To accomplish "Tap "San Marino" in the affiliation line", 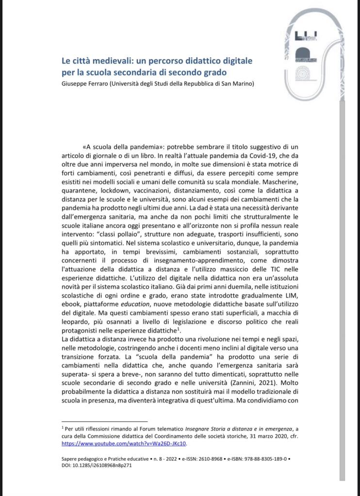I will [233, 83].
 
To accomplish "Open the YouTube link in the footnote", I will [124, 443].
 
